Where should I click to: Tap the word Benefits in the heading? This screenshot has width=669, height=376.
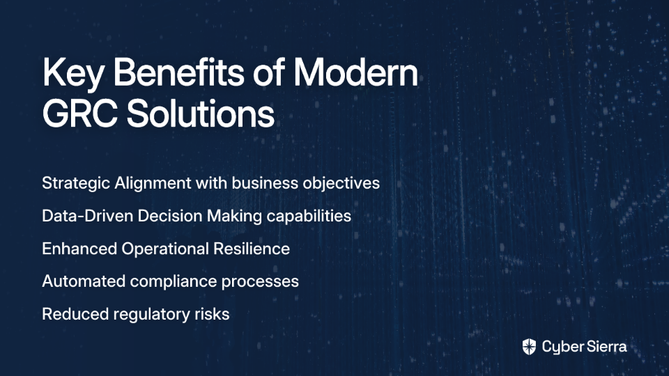point(179,72)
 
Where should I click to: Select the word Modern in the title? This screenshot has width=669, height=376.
point(356,72)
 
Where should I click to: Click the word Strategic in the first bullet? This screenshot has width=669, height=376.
point(76,183)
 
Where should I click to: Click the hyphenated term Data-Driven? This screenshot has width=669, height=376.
point(88,216)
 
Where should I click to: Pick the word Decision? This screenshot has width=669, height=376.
point(170,216)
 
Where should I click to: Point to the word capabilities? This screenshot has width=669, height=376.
point(309,216)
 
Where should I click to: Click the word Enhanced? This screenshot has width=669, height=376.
point(79,249)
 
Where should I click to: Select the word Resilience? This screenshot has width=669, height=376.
point(252,249)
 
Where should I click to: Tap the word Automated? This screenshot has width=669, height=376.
point(84,281)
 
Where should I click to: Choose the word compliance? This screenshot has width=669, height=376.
point(174,282)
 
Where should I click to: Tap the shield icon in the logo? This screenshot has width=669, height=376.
point(529,347)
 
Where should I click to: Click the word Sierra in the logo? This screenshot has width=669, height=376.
point(605,346)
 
